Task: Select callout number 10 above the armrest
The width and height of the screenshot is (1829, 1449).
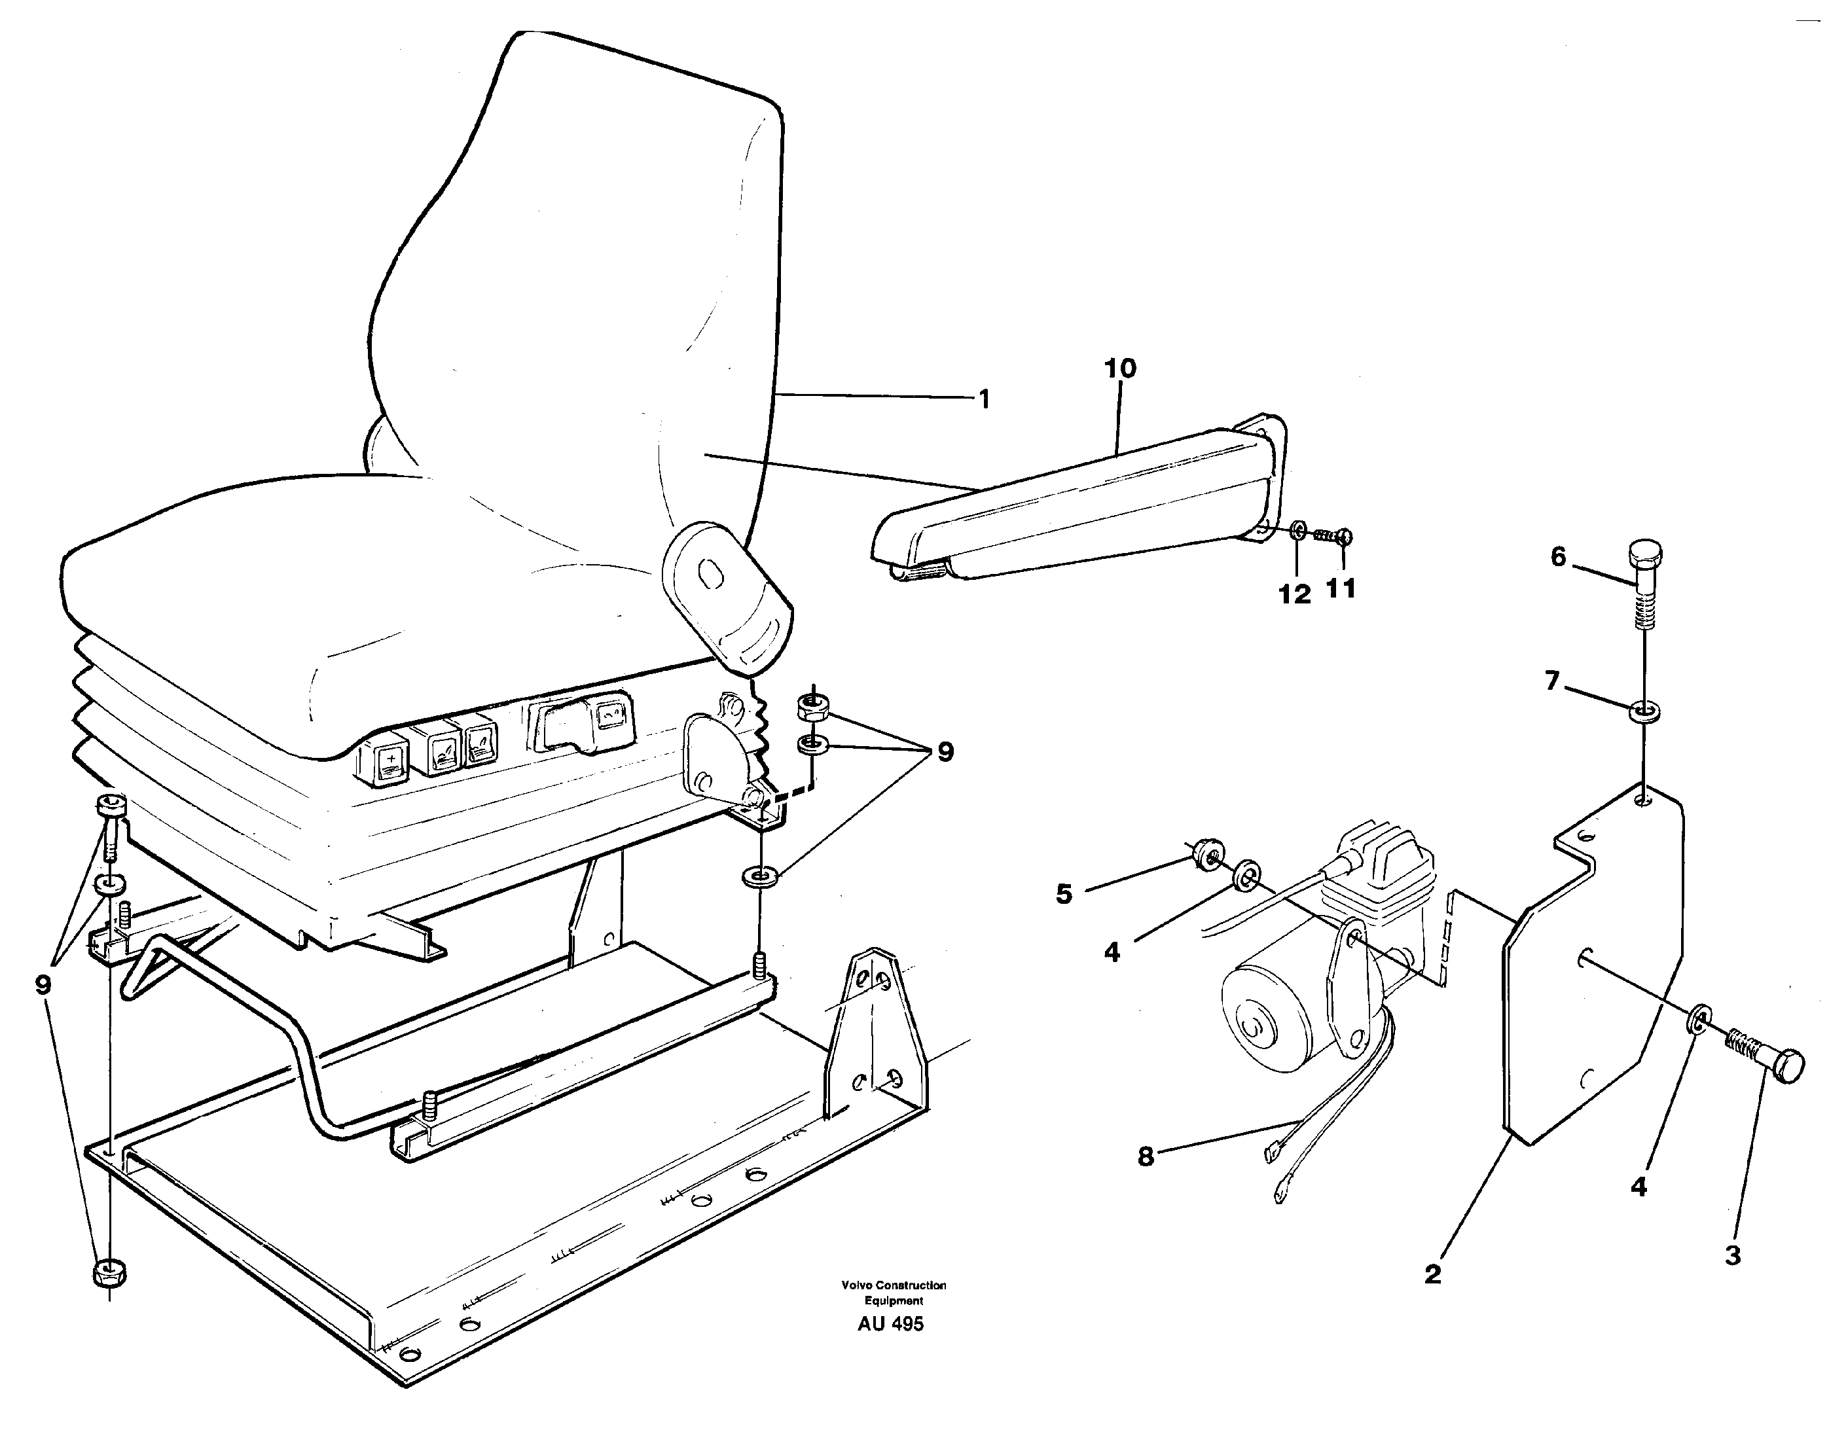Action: [x=1120, y=369]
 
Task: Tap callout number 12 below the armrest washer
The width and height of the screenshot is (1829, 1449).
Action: [x=1295, y=595]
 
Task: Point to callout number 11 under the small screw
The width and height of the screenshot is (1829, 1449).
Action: [x=1341, y=588]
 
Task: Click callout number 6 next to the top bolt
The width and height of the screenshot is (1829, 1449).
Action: [x=1557, y=558]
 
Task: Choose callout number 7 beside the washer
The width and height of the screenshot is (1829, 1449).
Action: [x=1551, y=681]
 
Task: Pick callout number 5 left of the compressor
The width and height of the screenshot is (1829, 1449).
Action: [x=1064, y=893]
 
